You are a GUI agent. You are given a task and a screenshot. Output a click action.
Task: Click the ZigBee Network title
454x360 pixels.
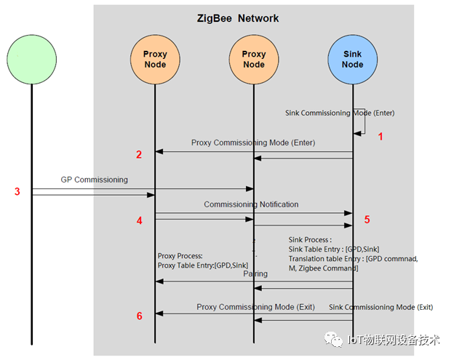coord(237,18)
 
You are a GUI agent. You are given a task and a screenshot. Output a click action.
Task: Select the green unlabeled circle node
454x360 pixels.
coord(31,59)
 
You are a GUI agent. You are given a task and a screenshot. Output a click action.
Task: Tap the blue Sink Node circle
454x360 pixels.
coord(353,59)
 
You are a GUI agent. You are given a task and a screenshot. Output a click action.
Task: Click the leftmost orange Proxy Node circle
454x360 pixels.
coord(154,59)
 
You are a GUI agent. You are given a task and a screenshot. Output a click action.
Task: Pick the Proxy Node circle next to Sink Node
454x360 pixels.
coord(254,59)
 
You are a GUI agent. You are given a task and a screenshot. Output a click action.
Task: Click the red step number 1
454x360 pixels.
coord(379,136)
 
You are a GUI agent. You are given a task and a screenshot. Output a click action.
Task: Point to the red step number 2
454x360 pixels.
coord(138,153)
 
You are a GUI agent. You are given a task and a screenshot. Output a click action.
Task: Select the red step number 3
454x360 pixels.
coord(17,191)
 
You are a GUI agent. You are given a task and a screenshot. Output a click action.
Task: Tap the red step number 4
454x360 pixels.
coord(138,219)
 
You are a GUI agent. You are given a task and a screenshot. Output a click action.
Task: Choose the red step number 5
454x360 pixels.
coord(367,219)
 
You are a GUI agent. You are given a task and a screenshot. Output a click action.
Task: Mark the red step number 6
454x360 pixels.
coord(138,315)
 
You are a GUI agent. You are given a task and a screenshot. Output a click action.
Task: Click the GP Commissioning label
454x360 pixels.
coord(94,179)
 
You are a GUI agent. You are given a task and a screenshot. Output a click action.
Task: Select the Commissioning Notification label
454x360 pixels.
coord(251,204)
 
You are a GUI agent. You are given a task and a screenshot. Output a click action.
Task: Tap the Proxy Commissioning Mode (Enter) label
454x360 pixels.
coord(253,143)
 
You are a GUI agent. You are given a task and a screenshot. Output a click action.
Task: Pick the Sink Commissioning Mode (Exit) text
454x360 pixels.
coord(381,307)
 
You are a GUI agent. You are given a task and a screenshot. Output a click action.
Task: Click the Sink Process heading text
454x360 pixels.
coord(310,239)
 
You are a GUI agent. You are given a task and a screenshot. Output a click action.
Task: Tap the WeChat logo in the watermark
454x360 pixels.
coord(333,340)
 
